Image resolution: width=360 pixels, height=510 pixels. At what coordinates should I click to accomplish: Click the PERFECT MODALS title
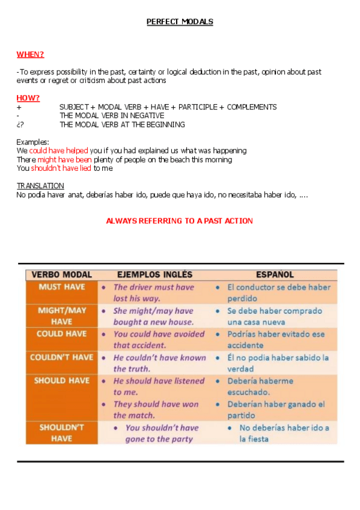[x=180, y=22]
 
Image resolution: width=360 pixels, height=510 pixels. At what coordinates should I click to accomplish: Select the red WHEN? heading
[x=30, y=54]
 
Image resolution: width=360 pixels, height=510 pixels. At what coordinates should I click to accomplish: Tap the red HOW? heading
[x=28, y=98]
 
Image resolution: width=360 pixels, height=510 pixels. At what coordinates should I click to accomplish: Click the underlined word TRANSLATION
[x=40, y=186]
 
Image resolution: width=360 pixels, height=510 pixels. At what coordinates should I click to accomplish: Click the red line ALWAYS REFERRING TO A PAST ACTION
[x=179, y=221]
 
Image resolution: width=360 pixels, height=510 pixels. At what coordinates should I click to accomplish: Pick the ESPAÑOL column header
[x=275, y=275]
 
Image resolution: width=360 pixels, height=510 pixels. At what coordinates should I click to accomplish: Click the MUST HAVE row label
[x=62, y=287]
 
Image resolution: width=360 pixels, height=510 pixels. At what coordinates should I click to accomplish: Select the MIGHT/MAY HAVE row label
[x=62, y=316]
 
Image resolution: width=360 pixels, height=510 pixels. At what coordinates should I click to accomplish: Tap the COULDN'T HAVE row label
[x=62, y=357]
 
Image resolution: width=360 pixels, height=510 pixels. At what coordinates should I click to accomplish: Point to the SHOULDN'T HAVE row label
[x=62, y=433]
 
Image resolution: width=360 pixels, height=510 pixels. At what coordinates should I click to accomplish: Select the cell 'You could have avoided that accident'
[x=159, y=339]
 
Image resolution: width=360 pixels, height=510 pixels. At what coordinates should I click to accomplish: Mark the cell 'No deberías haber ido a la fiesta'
[x=284, y=433]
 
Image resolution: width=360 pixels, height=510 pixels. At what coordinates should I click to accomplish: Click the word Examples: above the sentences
[x=32, y=142]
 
